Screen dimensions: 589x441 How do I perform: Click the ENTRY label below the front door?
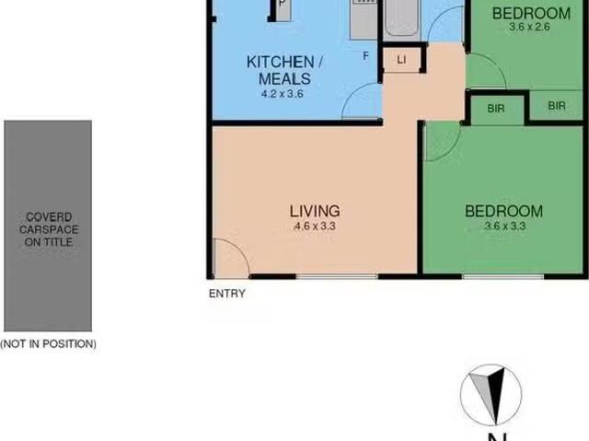pyautogui.click(x=227, y=294)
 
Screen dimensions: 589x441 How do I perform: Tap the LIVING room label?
pyautogui.click(x=315, y=211)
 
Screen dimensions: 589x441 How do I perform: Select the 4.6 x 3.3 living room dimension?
pyautogui.click(x=315, y=226)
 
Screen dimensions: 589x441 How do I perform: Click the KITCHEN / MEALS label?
pyautogui.click(x=284, y=70)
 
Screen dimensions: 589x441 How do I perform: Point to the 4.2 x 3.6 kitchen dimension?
pyautogui.click(x=283, y=94)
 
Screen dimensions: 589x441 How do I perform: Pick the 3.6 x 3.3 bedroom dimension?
pyautogui.click(x=505, y=226)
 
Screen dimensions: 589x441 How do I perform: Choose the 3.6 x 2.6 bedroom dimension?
pyautogui.click(x=529, y=27)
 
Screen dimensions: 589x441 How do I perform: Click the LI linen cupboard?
pyautogui.click(x=401, y=59)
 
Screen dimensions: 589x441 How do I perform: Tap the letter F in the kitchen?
pyautogui.click(x=365, y=56)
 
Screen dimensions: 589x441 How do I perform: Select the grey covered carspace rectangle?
pyautogui.click(x=48, y=226)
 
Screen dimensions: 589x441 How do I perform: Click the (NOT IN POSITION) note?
pyautogui.click(x=48, y=343)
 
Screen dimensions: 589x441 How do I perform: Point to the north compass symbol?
pyautogui.click(x=491, y=395)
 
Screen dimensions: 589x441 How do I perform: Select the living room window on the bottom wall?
pyautogui.click(x=337, y=277)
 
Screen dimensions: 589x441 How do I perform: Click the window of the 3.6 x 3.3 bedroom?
pyautogui.click(x=502, y=277)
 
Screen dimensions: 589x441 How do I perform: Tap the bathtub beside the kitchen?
pyautogui.click(x=402, y=19)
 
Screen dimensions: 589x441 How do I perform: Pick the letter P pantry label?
pyautogui.click(x=283, y=4)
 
